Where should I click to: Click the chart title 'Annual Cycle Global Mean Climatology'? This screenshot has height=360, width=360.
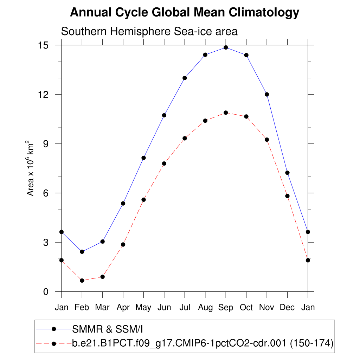185,13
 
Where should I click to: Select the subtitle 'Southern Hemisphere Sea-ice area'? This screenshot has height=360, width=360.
149,31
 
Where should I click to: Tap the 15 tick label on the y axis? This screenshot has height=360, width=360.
45,45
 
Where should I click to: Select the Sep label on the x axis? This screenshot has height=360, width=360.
226,308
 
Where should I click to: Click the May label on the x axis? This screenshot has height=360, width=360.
143,308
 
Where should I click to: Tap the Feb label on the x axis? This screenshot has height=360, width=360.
82,308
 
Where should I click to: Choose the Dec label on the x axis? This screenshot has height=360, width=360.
287,308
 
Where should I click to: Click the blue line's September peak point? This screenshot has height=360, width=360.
226,47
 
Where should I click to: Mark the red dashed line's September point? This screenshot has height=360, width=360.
226,112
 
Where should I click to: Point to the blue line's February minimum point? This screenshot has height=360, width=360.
82,252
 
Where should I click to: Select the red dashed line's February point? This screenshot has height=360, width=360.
82,281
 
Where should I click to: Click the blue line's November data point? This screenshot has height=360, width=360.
267,94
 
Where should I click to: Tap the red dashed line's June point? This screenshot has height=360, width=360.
164,163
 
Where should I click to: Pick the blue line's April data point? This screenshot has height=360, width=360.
123,203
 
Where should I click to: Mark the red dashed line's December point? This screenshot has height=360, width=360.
287,196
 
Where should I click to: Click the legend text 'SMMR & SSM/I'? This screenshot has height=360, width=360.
108,329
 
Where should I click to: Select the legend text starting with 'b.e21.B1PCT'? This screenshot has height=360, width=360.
202,343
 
